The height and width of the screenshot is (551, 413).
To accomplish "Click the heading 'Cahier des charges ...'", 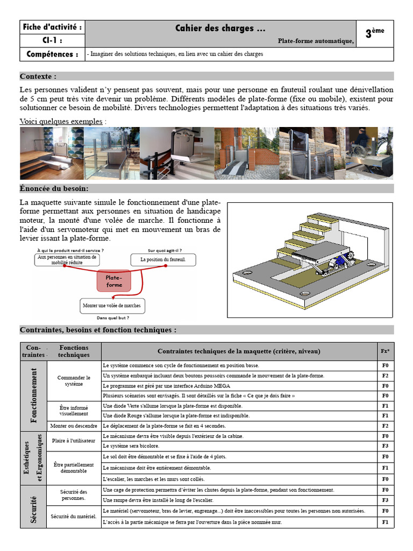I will click(x=220, y=29).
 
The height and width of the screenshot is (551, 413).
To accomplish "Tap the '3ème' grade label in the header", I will click(x=375, y=33).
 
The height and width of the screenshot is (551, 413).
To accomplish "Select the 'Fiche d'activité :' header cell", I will click(x=52, y=27).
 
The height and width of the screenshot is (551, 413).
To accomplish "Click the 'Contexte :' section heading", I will click(x=38, y=76).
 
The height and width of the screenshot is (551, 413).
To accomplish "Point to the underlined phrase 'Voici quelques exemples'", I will click(x=61, y=121).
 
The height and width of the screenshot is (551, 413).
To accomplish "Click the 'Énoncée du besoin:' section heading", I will click(x=54, y=188).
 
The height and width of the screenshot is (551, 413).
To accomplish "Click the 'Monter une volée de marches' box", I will click(x=111, y=306).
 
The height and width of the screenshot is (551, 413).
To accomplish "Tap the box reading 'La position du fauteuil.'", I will click(x=163, y=259).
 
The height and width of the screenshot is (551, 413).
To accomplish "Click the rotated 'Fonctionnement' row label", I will click(x=34, y=395).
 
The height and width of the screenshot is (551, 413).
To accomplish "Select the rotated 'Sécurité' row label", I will click(x=34, y=506).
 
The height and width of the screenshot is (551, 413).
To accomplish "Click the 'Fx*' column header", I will click(x=385, y=351).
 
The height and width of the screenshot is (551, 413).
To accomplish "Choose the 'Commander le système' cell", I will click(x=74, y=381).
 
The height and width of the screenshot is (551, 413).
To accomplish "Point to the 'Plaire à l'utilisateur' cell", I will click(x=74, y=441).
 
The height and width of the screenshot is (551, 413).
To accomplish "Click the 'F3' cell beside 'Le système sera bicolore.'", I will click(x=385, y=446).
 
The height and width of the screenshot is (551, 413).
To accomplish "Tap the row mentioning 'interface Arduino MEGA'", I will click(x=239, y=386).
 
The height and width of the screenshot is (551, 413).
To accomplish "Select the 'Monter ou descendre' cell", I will click(x=74, y=426).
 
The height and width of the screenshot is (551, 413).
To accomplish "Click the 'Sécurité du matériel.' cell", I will click(x=74, y=517).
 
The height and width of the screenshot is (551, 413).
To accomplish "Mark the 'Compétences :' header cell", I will click(x=52, y=54).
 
